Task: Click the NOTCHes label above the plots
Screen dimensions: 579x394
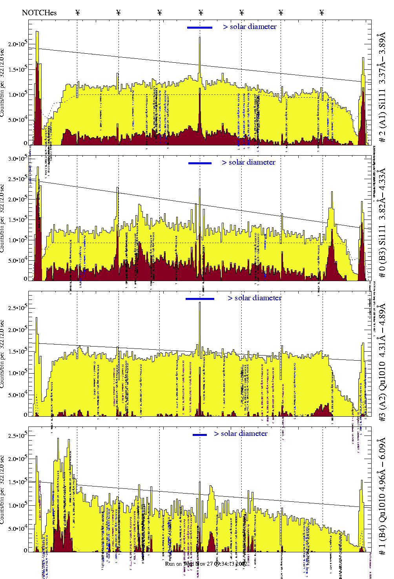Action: [39, 13]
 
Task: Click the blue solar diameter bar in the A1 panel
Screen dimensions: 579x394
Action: [200, 27]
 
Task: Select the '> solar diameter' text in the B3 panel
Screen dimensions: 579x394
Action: [248, 162]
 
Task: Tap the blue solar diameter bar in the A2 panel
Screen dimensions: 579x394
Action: [200, 299]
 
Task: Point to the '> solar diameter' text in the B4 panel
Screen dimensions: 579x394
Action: [241, 434]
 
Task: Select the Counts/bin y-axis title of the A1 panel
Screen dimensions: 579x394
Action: [3, 83]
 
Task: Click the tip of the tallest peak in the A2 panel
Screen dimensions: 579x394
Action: [200, 303]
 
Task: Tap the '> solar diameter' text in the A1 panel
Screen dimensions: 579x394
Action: [250, 27]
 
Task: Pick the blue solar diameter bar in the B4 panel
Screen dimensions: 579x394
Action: [200, 435]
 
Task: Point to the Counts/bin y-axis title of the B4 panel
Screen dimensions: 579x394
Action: [3, 490]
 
